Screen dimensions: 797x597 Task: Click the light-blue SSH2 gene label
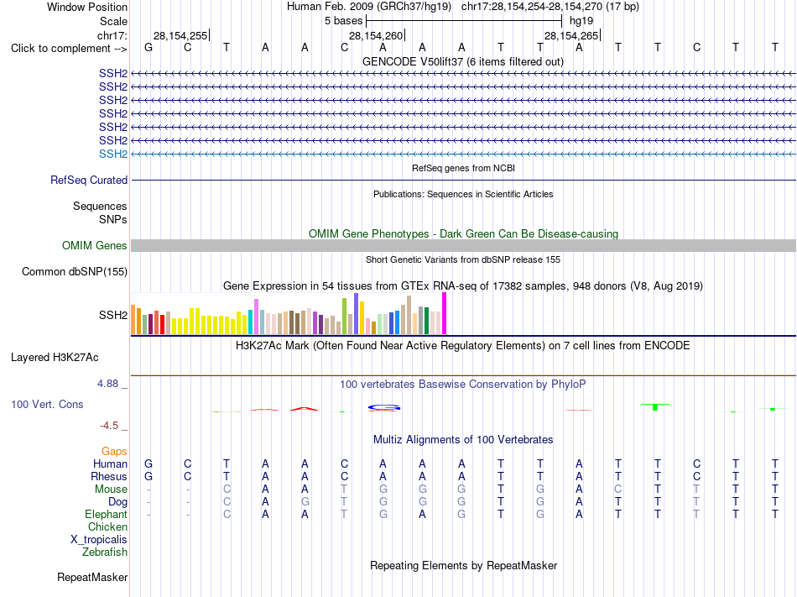pos(113,154)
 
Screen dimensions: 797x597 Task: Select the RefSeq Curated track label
pos(89,180)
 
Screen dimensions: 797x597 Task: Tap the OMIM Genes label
pos(95,246)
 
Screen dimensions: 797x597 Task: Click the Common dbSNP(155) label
pos(75,271)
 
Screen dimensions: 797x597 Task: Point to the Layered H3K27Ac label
pos(55,358)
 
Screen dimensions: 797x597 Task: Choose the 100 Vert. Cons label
pos(47,404)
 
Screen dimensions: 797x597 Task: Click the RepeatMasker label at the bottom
pos(92,577)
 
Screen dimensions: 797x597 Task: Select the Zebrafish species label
pos(105,552)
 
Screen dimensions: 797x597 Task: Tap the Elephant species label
pos(106,514)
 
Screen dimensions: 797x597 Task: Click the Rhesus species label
pos(109,476)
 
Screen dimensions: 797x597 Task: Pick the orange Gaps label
pos(114,452)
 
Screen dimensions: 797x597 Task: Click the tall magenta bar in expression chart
pos(445,313)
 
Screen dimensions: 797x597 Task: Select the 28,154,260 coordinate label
pos(376,35)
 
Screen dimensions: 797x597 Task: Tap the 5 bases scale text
pos(344,21)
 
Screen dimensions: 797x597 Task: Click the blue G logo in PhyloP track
pos(384,407)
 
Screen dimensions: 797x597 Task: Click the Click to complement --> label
pos(69,49)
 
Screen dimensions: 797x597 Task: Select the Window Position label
pos(87,7)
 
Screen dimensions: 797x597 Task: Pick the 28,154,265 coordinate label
pos(571,35)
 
